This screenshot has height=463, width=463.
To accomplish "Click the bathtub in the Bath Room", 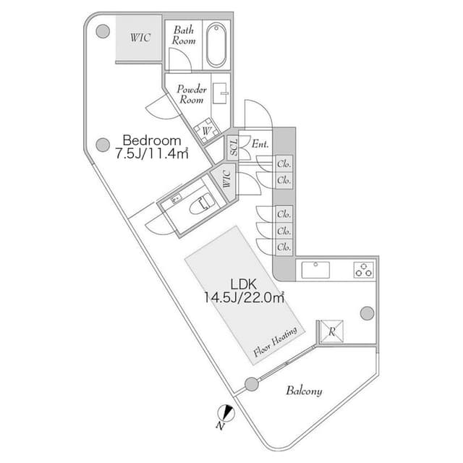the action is (216, 45).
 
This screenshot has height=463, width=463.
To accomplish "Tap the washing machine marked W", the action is (207, 130).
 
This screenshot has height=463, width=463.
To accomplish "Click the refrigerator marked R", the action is (332, 331).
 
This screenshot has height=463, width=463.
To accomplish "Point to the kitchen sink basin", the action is (315, 270).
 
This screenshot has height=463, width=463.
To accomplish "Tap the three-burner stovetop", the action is (363, 270).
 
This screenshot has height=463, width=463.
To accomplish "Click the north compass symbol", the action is (226, 414).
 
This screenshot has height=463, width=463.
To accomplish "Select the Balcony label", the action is (304, 391).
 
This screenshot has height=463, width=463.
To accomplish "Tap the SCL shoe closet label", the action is (234, 148).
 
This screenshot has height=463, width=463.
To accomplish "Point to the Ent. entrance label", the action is (260, 144).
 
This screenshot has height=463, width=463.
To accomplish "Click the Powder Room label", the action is (192, 94).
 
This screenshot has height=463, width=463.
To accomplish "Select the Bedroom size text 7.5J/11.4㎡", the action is (151, 153).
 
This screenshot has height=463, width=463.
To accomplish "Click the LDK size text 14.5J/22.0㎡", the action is (245, 297).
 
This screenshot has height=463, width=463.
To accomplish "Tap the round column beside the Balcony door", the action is (252, 384).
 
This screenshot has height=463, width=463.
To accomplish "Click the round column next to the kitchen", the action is (367, 313).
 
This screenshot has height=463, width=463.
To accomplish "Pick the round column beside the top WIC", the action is (103, 31).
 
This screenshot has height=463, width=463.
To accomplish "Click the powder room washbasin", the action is (221, 93).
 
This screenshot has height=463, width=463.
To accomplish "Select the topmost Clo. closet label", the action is (284, 164).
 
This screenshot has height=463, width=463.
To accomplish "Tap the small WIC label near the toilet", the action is (227, 179).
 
